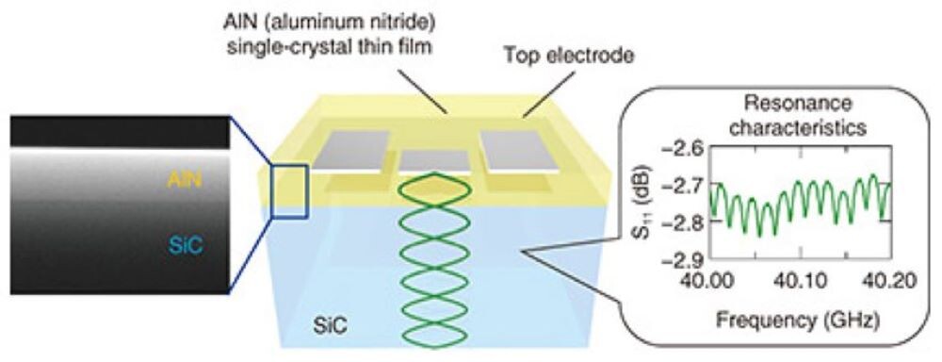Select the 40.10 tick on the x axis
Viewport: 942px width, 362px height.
tap(803, 279)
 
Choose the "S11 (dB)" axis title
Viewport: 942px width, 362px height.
tap(647, 202)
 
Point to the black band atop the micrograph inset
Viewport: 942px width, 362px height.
tap(118, 131)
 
